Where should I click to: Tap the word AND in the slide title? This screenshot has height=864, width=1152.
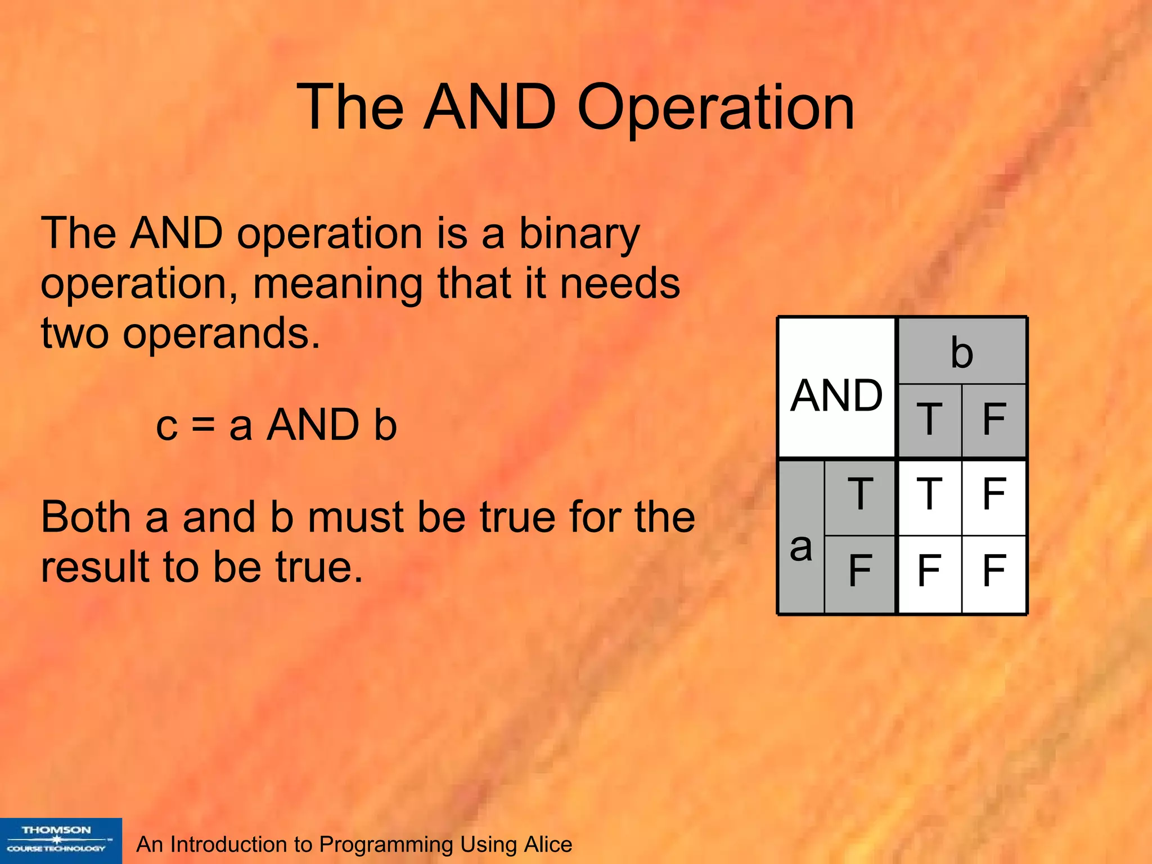coord(489,107)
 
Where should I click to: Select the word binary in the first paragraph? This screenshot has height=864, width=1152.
coord(579,234)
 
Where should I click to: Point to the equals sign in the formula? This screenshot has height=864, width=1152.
coord(203,424)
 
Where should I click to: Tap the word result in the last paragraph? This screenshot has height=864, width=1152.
coord(95,566)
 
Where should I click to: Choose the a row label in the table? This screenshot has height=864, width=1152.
coord(801,547)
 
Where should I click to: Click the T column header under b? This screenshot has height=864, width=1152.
coord(930,419)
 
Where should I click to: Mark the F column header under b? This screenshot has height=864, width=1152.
coord(994,419)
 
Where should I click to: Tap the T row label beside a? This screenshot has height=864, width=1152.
coord(860,495)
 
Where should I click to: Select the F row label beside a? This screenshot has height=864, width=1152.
coord(860,570)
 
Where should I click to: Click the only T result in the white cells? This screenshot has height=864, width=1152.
coord(930,495)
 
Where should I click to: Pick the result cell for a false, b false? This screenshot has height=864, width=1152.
coord(994,570)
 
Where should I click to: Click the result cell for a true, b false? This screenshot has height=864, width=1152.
coord(994,495)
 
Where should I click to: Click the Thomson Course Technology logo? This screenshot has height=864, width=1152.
coord(60,840)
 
